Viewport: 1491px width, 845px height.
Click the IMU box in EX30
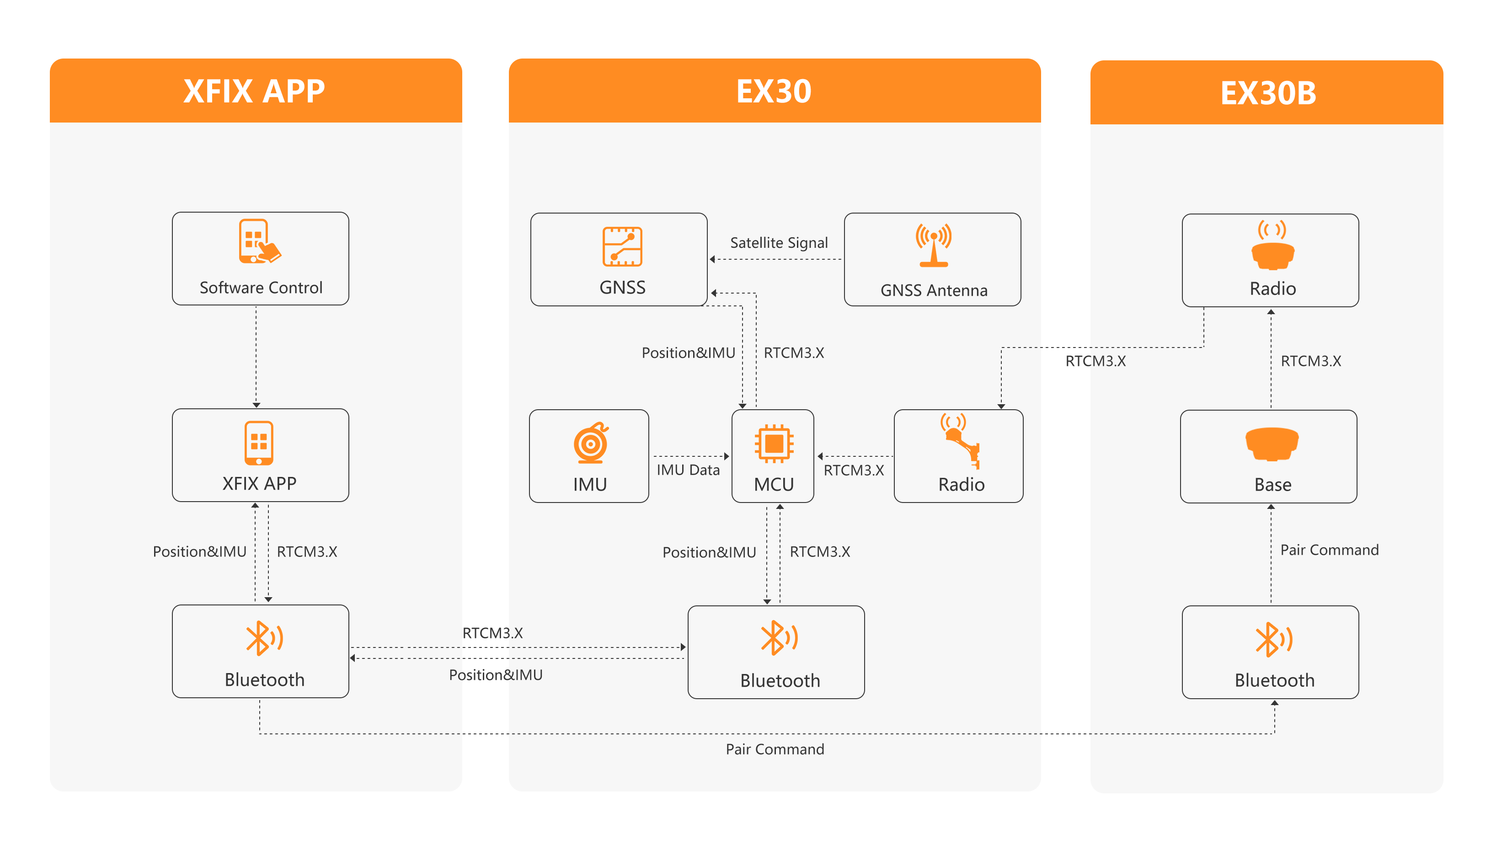coord(589,456)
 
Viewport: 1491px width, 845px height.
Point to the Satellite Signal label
coord(779,243)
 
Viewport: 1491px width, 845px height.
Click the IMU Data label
coord(688,470)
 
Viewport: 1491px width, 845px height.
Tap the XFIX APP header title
coord(254,91)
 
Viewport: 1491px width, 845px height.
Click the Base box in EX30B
coord(1268,457)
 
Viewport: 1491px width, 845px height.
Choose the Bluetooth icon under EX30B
coord(1273,640)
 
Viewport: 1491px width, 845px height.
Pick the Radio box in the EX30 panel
coord(958,456)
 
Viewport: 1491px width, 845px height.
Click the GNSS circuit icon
coord(622,246)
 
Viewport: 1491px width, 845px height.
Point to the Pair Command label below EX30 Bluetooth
coord(775,749)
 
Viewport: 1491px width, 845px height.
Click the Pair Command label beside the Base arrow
coord(1329,550)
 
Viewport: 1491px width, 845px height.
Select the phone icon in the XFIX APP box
coord(259,443)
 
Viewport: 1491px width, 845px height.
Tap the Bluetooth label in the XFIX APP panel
coord(265,679)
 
